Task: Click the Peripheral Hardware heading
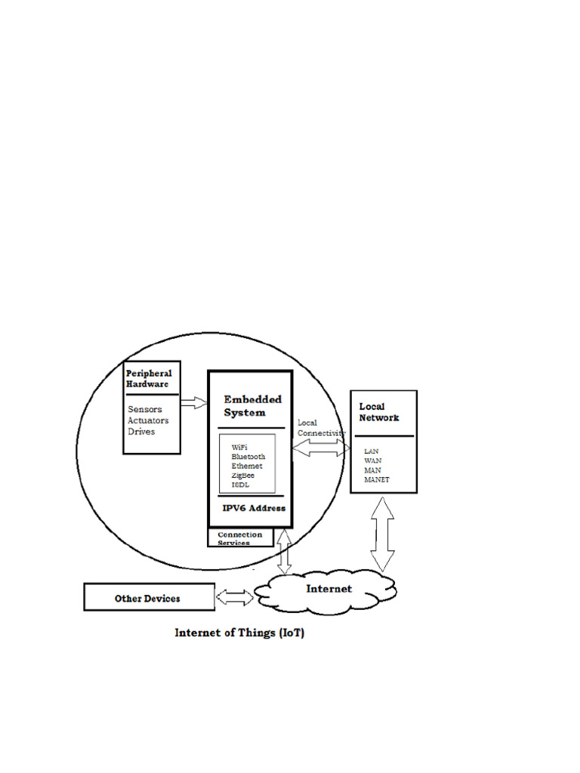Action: pyautogui.click(x=149, y=378)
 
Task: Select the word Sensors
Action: pyautogui.click(x=145, y=409)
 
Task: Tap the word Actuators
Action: pyautogui.click(x=149, y=420)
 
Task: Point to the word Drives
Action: pyautogui.click(x=141, y=432)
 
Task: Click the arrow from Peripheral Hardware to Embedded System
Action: pyautogui.click(x=194, y=402)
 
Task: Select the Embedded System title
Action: pyautogui.click(x=252, y=405)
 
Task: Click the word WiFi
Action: pyautogui.click(x=241, y=448)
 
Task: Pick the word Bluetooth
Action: pyautogui.click(x=248, y=457)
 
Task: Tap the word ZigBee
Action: pyautogui.click(x=243, y=476)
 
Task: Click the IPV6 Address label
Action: pyautogui.click(x=254, y=508)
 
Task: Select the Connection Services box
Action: pyautogui.click(x=240, y=537)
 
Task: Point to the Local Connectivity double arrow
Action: pyautogui.click(x=321, y=448)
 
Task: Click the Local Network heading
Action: pyautogui.click(x=378, y=412)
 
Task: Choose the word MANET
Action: pyautogui.click(x=377, y=479)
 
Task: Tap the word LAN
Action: pyautogui.click(x=372, y=451)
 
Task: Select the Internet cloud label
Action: pyautogui.click(x=329, y=589)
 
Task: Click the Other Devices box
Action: pyautogui.click(x=149, y=598)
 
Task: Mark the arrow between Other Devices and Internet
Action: pyautogui.click(x=235, y=598)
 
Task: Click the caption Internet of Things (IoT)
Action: pyautogui.click(x=239, y=633)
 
